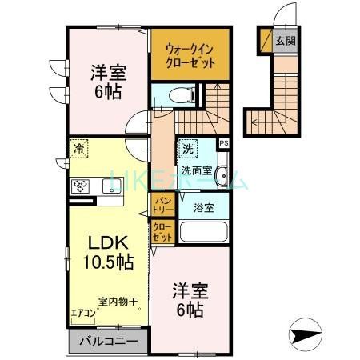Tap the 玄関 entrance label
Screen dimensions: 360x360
click(284, 40)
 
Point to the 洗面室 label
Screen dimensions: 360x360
click(195, 169)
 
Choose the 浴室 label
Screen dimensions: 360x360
click(203, 208)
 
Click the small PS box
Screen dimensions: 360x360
click(223, 144)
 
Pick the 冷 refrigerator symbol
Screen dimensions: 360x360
click(80, 148)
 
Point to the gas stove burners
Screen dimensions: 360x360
click(80, 187)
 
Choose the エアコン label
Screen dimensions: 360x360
click(82, 313)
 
